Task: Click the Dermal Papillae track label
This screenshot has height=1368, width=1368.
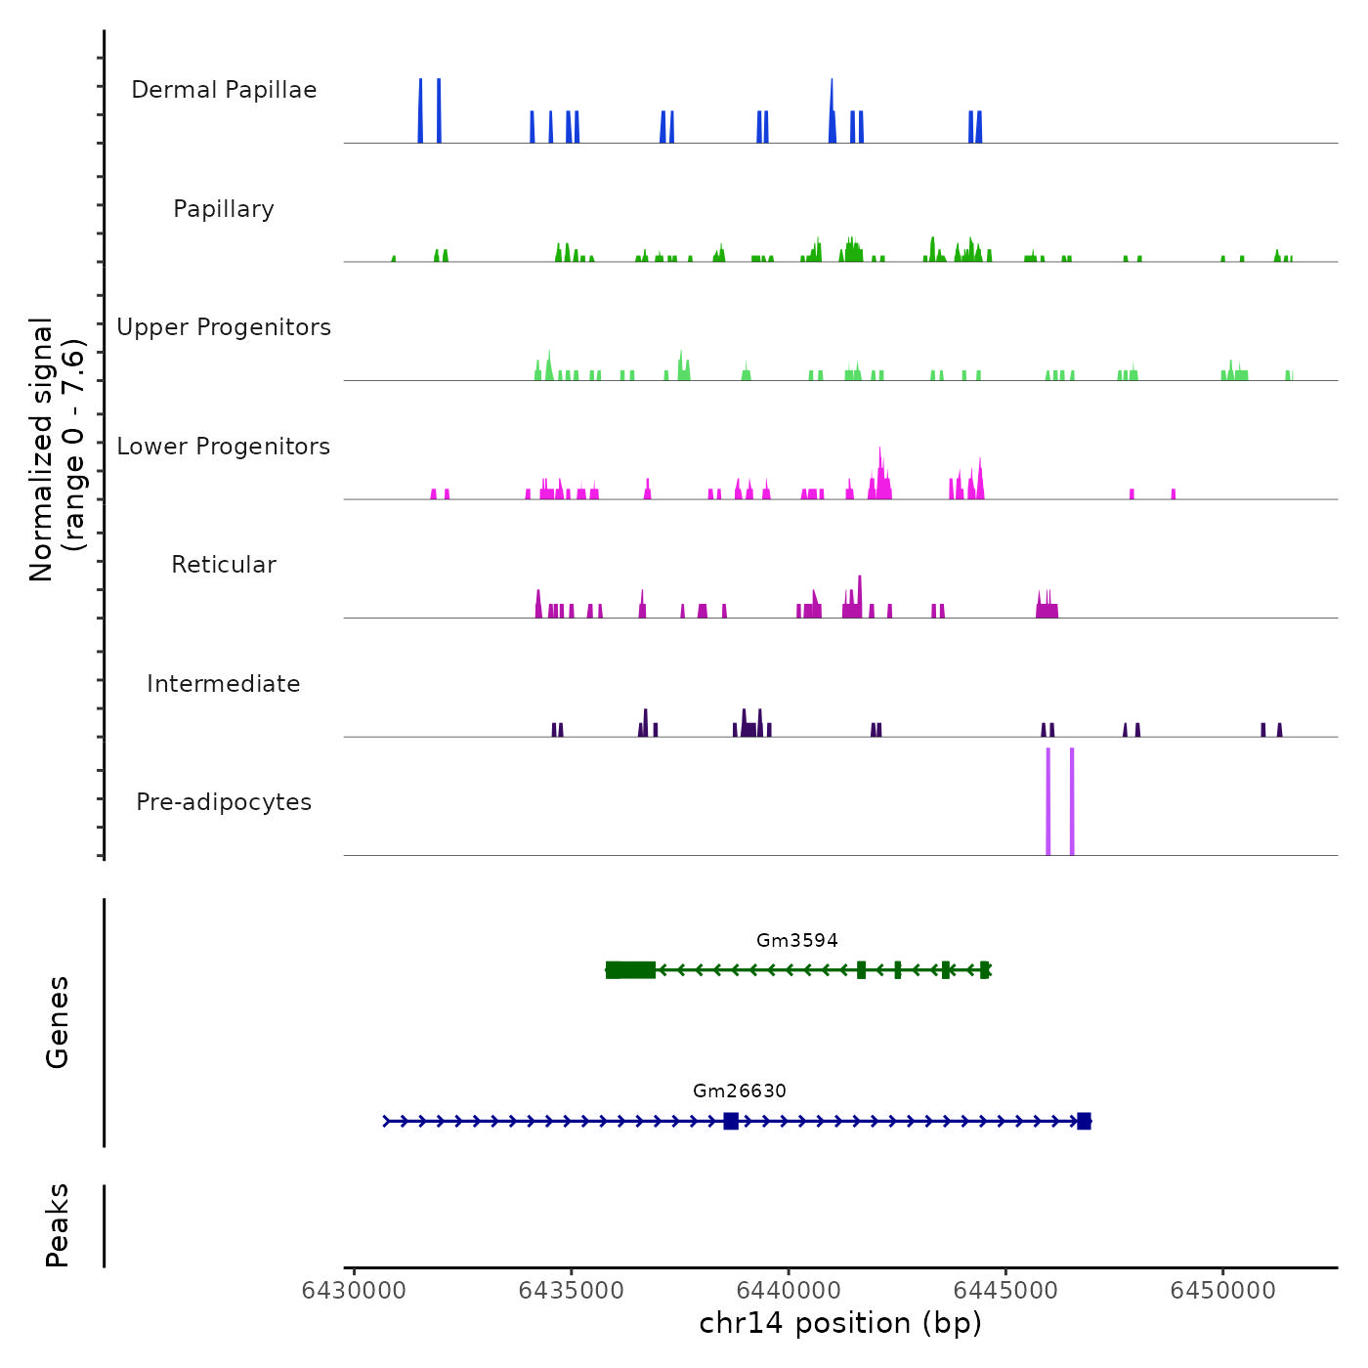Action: pyautogui.click(x=224, y=90)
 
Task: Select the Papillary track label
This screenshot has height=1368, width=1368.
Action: pyautogui.click(x=224, y=209)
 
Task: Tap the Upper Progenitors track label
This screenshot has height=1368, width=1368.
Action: pyautogui.click(x=224, y=327)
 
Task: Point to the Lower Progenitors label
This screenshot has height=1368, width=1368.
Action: pyautogui.click(x=224, y=447)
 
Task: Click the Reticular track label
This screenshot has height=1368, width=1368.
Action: pyautogui.click(x=224, y=565)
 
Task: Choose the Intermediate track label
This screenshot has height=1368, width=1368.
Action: pyautogui.click(x=224, y=684)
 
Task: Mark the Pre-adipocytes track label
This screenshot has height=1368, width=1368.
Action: pyautogui.click(x=224, y=802)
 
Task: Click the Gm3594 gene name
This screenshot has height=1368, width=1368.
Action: pyautogui.click(x=797, y=941)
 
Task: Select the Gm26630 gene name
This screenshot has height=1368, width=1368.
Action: pyautogui.click(x=740, y=1091)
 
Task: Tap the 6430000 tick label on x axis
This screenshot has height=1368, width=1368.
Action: pyautogui.click(x=354, y=1291)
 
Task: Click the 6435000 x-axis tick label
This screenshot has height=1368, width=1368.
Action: pyautogui.click(x=572, y=1291)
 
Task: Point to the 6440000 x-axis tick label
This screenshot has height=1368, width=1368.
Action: pyautogui.click(x=789, y=1291)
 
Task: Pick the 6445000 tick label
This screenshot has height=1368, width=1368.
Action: pyautogui.click(x=1005, y=1291)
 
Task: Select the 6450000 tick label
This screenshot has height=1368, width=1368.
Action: pyautogui.click(x=1223, y=1291)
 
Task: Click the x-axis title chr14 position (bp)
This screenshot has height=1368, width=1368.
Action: pyautogui.click(x=840, y=1323)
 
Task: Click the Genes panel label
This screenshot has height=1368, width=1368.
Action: pyautogui.click(x=58, y=1022)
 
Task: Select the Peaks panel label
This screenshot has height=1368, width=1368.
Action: pyautogui.click(x=58, y=1225)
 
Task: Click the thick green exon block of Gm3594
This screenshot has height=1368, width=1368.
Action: pyautogui.click(x=631, y=970)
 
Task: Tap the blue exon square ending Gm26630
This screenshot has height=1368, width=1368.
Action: pyautogui.click(x=1084, y=1121)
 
